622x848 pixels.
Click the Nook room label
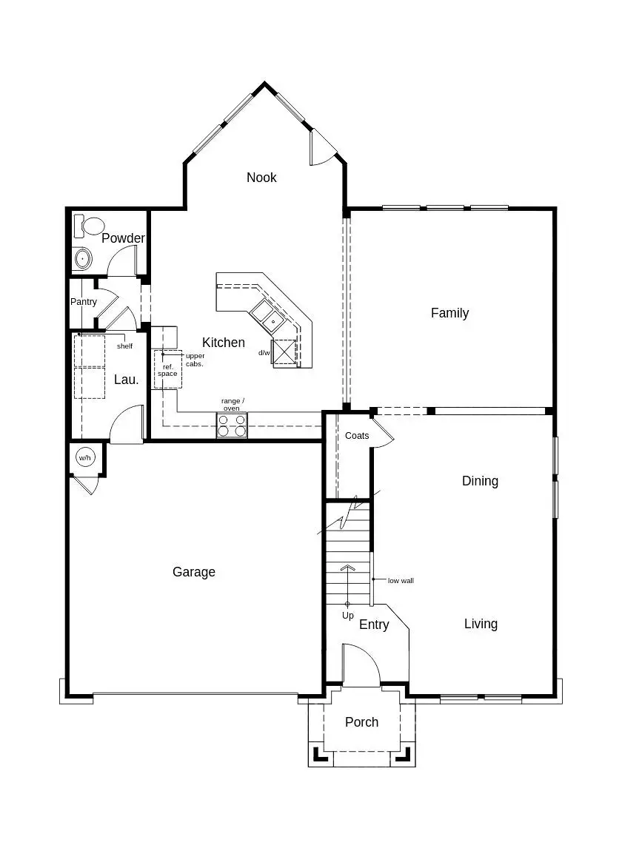pyautogui.click(x=261, y=178)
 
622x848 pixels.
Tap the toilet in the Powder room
pyautogui.click(x=93, y=226)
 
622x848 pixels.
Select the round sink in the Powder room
pyautogui.click(x=83, y=258)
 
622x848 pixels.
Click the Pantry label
pyautogui.click(x=84, y=302)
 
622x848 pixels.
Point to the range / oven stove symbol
pyautogui.click(x=232, y=425)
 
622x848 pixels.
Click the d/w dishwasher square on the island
pyautogui.click(x=284, y=352)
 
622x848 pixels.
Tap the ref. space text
pyautogui.click(x=167, y=371)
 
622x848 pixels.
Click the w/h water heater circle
pyautogui.click(x=85, y=459)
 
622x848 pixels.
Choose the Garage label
pyautogui.click(x=194, y=572)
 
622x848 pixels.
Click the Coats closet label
pyautogui.click(x=357, y=436)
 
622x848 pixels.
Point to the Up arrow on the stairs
pyautogui.click(x=347, y=585)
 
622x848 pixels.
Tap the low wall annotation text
pyautogui.click(x=401, y=581)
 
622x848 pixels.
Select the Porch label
pyautogui.click(x=361, y=722)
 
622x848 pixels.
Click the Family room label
pyautogui.click(x=449, y=313)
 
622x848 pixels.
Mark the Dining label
pyautogui.click(x=480, y=481)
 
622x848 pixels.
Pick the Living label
pyautogui.click(x=481, y=624)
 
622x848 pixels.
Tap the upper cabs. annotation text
pyautogui.click(x=195, y=360)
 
